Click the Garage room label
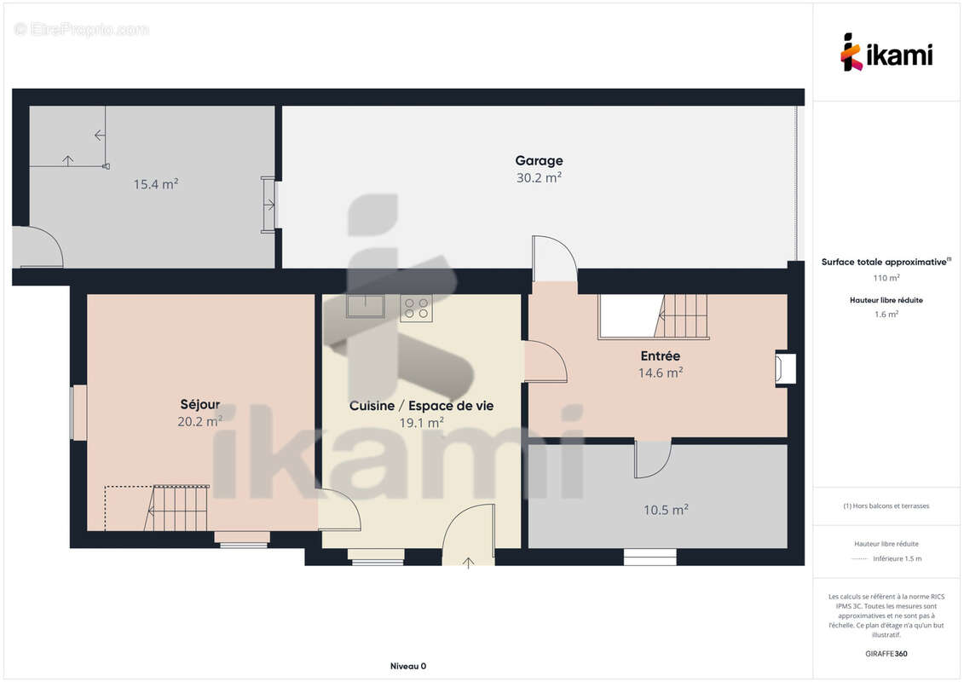coord(540,161)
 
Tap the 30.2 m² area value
coord(540,177)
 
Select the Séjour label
coord(199,405)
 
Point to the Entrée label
coord(661,356)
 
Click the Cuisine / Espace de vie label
coord(421,406)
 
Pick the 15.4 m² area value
coord(156,184)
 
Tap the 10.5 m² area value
coord(666,510)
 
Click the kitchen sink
coord(365,306)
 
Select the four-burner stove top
coord(416,308)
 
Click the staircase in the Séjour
coord(176,508)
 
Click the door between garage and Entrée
coord(555,259)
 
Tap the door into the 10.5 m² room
coord(653,459)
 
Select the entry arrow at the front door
coord(469,563)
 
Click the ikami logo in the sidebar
coord(886,53)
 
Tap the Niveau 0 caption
coord(408,666)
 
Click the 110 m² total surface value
coord(886,278)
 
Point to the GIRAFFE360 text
coord(886,654)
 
